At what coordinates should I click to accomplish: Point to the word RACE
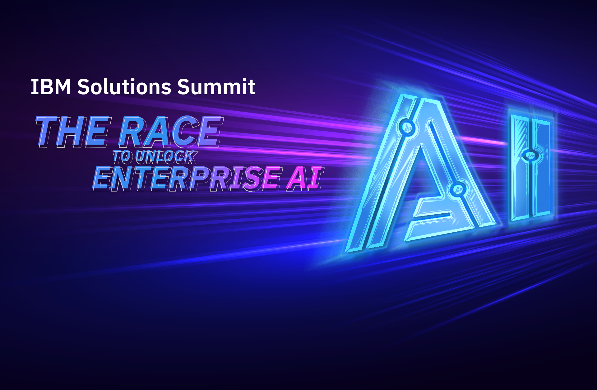click(171, 131)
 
